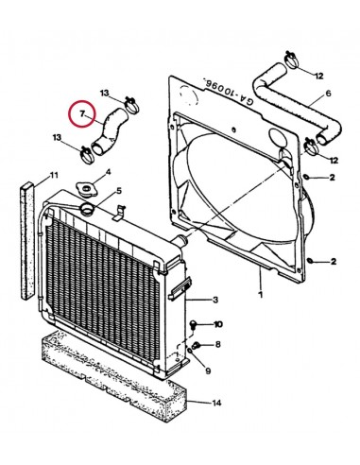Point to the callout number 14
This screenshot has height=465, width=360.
pos(216,403)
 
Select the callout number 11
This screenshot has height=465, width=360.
pos(54,175)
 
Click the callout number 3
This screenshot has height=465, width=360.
pos(215,300)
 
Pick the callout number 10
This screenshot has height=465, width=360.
pos(218,324)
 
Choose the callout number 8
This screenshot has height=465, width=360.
pos(218,344)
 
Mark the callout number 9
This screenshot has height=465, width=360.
pos(208,370)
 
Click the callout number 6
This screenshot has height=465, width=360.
pos(328,94)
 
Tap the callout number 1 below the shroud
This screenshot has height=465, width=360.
pos(260,295)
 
